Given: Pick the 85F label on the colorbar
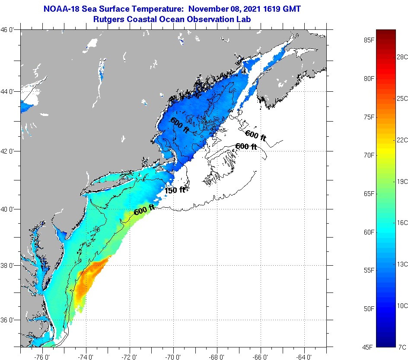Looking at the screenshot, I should [x=368, y=40].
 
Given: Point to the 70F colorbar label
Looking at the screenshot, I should [x=368, y=155].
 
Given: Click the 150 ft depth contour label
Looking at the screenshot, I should [x=175, y=190].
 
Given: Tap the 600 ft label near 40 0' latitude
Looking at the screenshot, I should [x=144, y=211].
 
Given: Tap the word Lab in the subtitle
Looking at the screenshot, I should [x=244, y=19].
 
